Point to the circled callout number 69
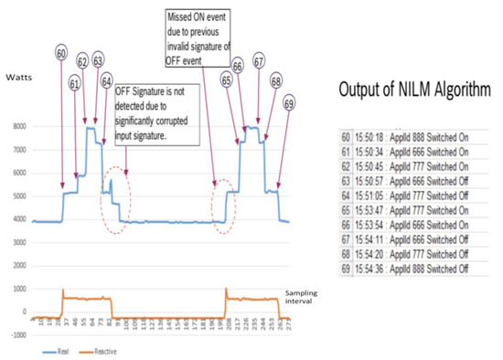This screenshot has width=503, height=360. pyautogui.click(x=288, y=101)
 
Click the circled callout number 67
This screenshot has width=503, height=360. pyautogui.click(x=259, y=62)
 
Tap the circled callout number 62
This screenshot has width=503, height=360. pyautogui.click(x=84, y=62)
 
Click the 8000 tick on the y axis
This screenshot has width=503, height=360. pyautogui.click(x=18, y=127)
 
